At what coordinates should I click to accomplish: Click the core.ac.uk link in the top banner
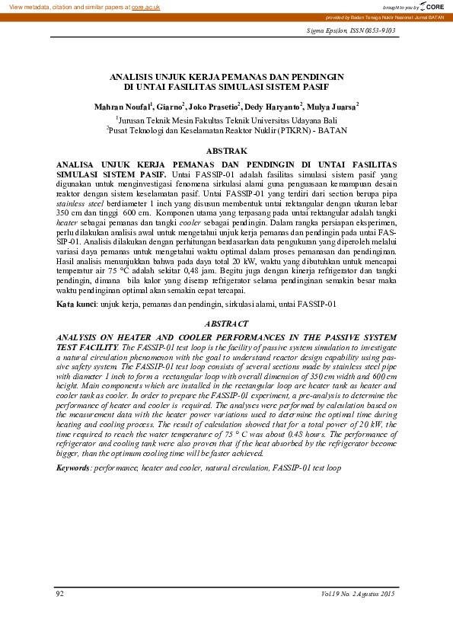(145, 6)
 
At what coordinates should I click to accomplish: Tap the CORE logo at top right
(432, 6)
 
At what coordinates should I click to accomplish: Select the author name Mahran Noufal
(122, 107)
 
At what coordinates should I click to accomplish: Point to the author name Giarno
(171, 107)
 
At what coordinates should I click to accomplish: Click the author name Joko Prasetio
(213, 107)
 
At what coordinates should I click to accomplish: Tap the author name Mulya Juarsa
(330, 107)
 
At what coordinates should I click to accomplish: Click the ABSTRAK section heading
(226, 151)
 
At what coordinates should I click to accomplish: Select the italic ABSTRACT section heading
(226, 324)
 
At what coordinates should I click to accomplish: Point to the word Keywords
(74, 467)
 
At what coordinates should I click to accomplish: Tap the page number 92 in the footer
(60, 593)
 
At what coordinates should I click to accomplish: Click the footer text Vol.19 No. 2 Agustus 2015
(358, 593)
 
